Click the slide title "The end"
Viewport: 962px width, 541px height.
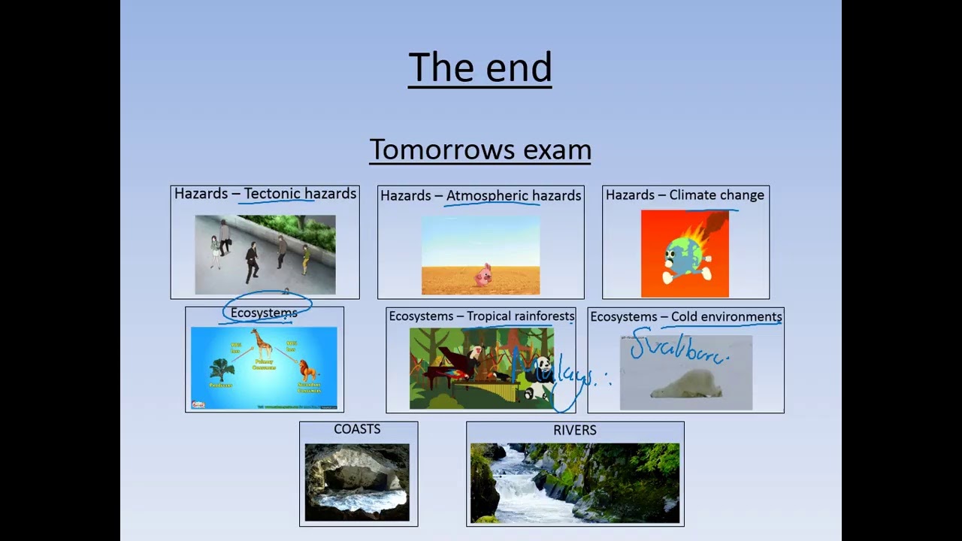479,68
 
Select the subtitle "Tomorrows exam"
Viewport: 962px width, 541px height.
479,150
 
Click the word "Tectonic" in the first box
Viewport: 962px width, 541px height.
272,194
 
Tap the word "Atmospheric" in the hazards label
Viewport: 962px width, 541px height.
492,195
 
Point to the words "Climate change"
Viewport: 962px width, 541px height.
716,195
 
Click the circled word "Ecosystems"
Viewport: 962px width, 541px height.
264,313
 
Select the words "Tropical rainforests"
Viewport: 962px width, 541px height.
520,316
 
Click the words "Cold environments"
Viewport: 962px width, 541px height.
726,317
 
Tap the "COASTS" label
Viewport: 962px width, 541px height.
357,429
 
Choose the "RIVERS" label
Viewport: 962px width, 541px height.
574,430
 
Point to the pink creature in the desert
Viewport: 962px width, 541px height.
481,275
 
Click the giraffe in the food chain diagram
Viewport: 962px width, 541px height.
262,345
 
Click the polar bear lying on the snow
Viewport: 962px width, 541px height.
685,384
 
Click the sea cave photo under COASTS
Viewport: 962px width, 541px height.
357,482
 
